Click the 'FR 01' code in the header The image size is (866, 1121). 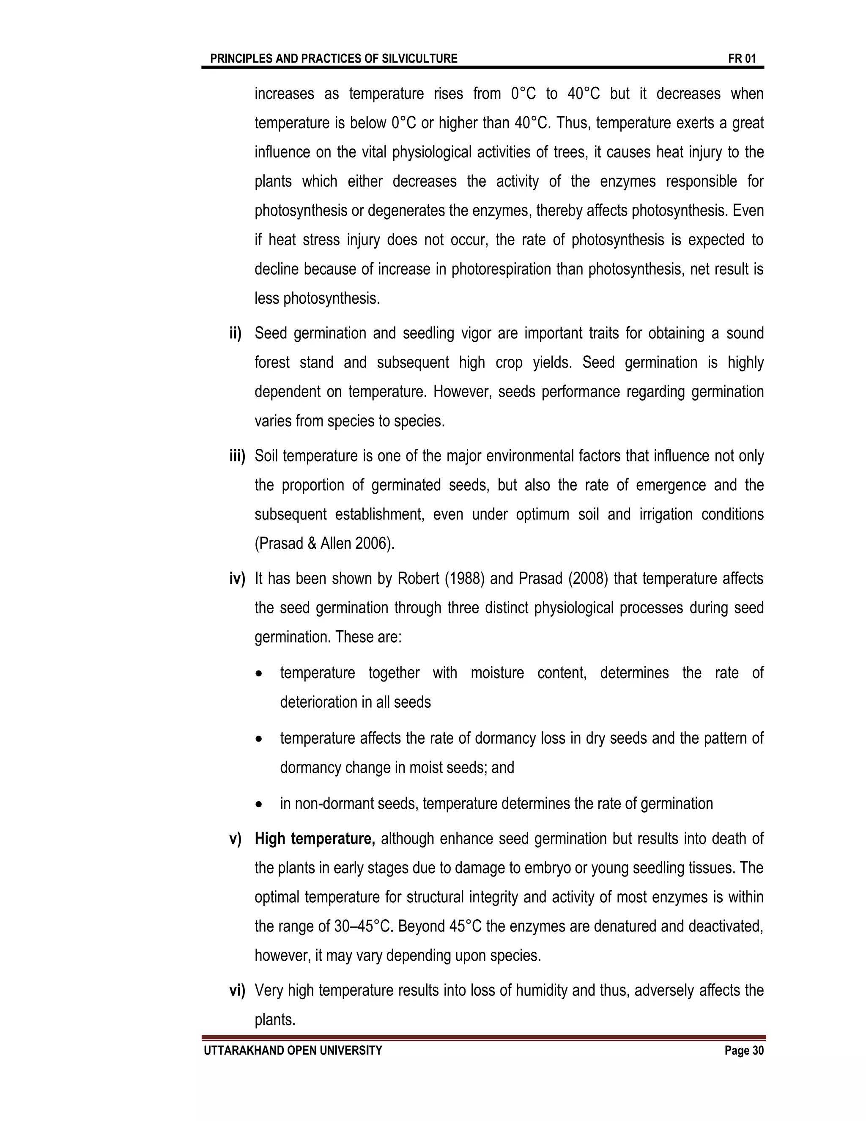(x=741, y=58)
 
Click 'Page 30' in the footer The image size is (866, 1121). (x=744, y=1051)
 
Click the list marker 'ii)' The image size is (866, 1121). (x=236, y=334)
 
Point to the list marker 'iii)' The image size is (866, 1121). (x=237, y=456)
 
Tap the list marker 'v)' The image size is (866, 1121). (x=236, y=839)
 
